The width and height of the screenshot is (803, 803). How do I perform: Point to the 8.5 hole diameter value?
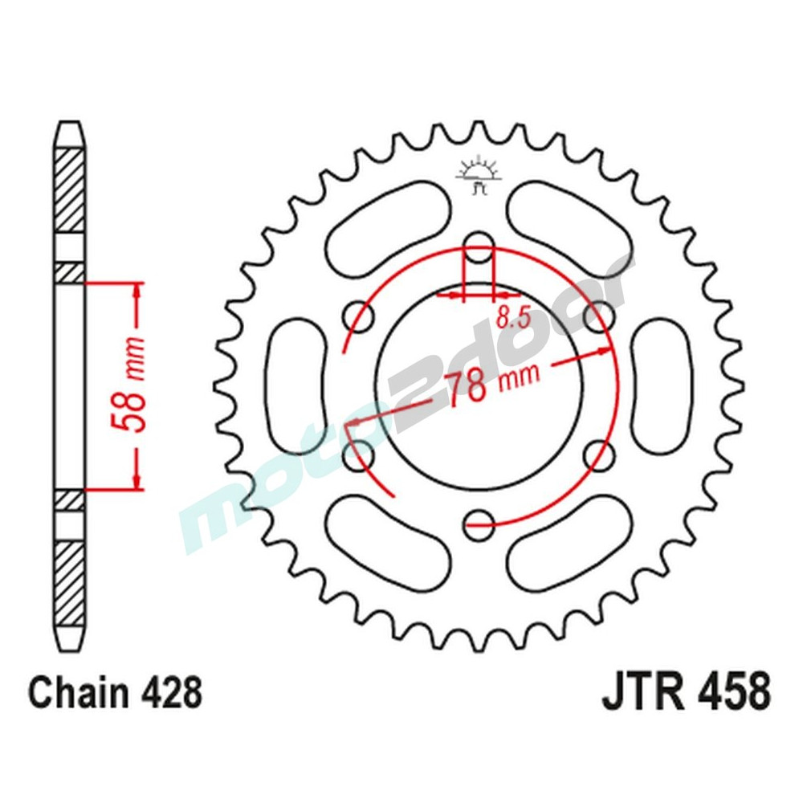coord(513,317)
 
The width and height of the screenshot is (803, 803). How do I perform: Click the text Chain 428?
coord(116,692)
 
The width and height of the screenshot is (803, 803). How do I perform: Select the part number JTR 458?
coord(687,692)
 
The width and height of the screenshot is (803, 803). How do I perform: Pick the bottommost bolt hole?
coord(479,522)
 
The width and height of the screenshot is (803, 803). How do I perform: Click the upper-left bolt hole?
coord(358,314)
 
